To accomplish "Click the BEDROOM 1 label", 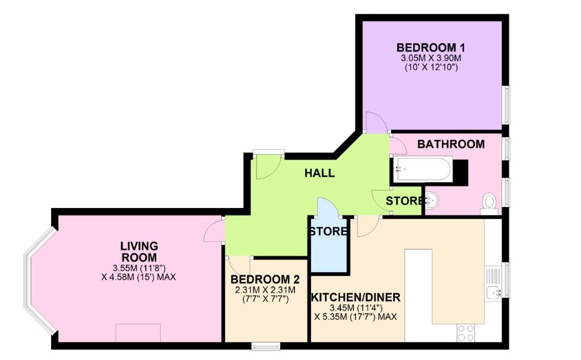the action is pos(431,48).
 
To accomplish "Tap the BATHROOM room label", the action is pos(451,144).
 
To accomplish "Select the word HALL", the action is pos(319,173).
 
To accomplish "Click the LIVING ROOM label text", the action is pos(139,252).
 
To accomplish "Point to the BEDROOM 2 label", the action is pos(265,279).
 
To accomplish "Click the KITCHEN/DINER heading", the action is pos(356,298).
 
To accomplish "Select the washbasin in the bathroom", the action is pos(432,201).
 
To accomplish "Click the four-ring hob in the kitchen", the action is pos(466,333).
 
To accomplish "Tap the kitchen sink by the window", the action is pos(493,293).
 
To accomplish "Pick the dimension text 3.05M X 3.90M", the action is pos(431,58).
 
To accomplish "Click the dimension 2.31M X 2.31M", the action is pos(265,290).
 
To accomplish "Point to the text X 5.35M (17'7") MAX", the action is pos(356,317).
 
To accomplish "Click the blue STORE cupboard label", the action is pos(329,231).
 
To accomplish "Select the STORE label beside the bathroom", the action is pos(405,201).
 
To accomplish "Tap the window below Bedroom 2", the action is pos(266,346).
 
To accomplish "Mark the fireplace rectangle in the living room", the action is pos(138,333).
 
